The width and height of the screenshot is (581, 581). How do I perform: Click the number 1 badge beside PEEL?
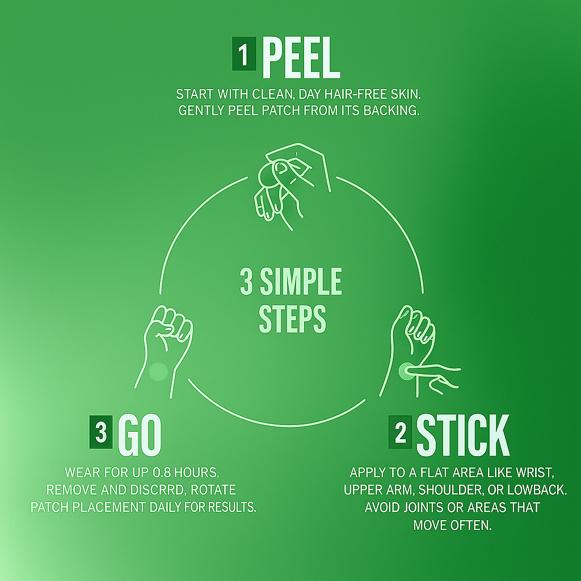click(244, 54)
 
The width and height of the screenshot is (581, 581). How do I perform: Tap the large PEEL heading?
click(301, 57)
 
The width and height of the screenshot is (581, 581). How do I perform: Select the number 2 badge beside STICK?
click(400, 432)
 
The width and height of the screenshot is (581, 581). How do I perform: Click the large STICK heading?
click(463, 435)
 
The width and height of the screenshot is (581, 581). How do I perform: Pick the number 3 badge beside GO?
click(101, 432)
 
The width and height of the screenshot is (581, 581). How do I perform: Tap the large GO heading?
click(140, 435)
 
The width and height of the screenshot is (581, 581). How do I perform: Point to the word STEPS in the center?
click(292, 319)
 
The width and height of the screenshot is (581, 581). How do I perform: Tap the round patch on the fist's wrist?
click(159, 371)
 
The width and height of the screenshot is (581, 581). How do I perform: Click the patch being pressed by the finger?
click(406, 371)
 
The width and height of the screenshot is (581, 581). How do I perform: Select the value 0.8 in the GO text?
click(161, 473)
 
